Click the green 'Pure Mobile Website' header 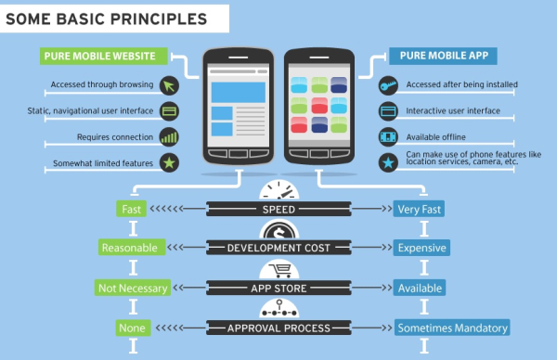coord(101,56)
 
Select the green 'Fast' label coord(131,209)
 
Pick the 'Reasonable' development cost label coord(131,248)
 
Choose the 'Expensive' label coord(422,248)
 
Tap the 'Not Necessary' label coord(133,288)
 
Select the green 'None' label coord(130,328)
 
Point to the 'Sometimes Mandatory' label coord(452,328)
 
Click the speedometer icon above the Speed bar coord(278,191)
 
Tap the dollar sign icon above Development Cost coord(278,231)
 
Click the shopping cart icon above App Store coord(278,271)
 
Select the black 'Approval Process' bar coord(278,328)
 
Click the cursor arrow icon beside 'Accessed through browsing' coord(169,86)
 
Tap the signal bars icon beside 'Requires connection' coord(169,137)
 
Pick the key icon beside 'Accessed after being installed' coord(389,85)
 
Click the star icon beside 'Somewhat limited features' coord(169,163)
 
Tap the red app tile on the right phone coord(319,103)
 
